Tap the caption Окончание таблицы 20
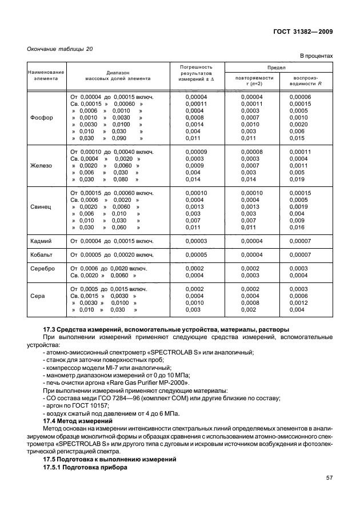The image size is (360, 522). [x=59, y=49]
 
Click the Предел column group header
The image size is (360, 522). [x=279, y=67]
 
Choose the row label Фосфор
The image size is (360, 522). [x=41, y=118]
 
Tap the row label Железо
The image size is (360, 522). [x=41, y=166]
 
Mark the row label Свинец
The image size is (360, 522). [x=41, y=206]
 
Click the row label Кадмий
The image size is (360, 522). [x=41, y=241]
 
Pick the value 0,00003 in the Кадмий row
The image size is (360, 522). [x=197, y=241]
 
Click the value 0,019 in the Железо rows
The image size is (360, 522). [x=297, y=179]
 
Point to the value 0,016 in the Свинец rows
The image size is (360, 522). [x=297, y=227]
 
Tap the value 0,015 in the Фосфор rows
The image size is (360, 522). [x=297, y=138]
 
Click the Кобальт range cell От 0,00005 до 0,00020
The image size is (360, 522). [x=112, y=254]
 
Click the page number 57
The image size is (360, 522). [x=329, y=477]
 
